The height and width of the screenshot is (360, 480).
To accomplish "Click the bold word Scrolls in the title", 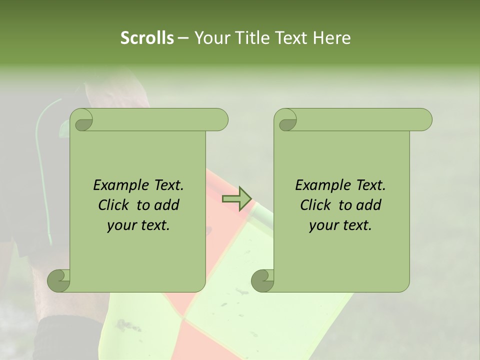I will coord(147,38).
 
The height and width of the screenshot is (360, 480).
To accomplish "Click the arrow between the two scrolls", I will coord(236,199).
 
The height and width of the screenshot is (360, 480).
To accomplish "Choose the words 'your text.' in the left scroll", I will coord(138,225).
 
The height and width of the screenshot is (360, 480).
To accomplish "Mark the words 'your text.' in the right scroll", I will coord(340,225).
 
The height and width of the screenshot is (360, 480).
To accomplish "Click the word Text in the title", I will coord(289,38).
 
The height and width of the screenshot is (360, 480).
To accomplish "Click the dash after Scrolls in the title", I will coord(183,38).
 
